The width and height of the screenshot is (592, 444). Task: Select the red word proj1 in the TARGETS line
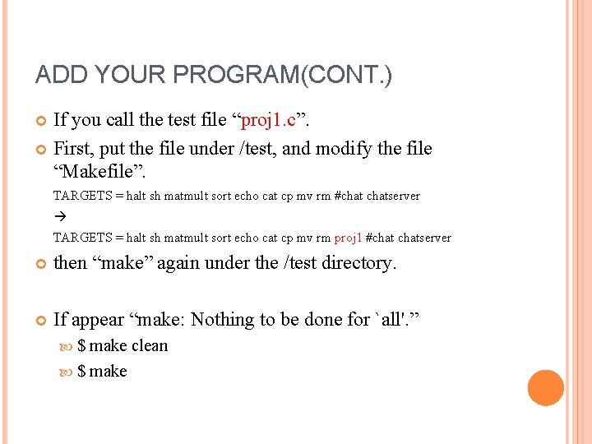click(349, 238)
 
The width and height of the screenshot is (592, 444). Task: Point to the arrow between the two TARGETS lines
click(58, 217)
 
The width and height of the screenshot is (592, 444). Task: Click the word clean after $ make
click(150, 346)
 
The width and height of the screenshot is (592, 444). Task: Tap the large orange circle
click(546, 388)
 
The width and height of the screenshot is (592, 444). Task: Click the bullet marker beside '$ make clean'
click(67, 347)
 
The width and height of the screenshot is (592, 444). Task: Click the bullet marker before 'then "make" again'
click(41, 264)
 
